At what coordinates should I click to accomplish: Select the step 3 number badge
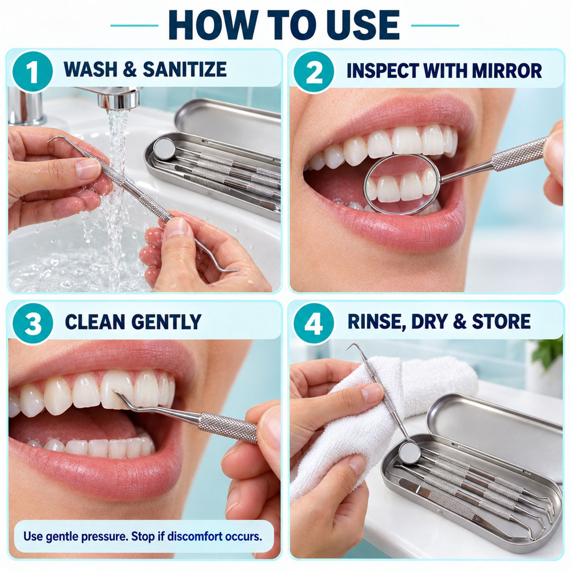32,323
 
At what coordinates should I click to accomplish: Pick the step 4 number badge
314,323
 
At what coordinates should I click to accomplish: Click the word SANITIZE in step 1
185,69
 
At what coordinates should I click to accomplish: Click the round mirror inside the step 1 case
164,149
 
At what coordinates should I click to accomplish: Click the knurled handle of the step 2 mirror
518,154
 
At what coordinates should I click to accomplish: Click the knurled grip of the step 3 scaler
227,427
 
